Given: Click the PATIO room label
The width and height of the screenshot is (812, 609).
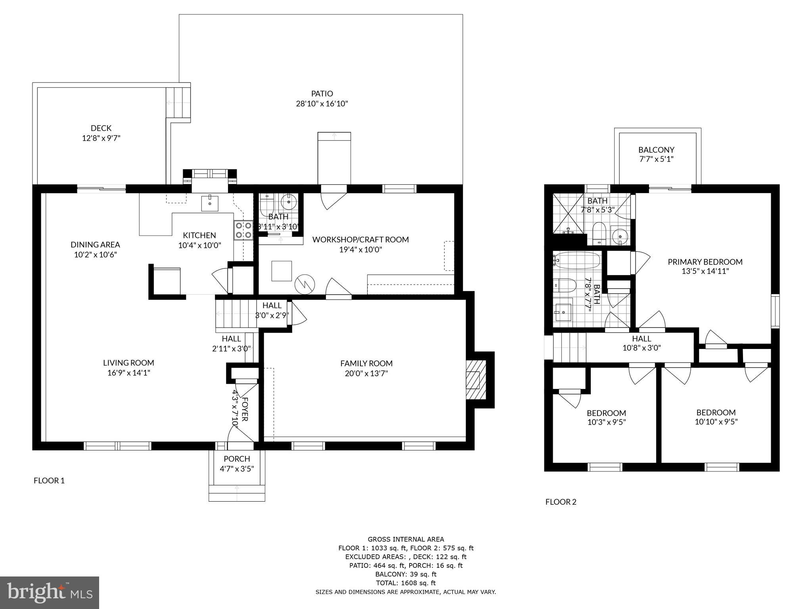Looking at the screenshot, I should pyautogui.click(x=322, y=94).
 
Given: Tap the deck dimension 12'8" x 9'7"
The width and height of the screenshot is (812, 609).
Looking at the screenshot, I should pyautogui.click(x=101, y=138).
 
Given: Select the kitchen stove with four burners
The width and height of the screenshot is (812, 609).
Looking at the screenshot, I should pyautogui.click(x=243, y=230).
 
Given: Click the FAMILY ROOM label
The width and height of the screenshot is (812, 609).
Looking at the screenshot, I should pyautogui.click(x=366, y=363).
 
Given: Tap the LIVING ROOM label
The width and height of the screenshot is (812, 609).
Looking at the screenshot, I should pyautogui.click(x=128, y=362).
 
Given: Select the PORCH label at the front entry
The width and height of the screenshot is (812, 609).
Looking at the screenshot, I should pyautogui.click(x=237, y=459).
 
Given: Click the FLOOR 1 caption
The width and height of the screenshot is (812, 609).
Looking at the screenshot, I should pyautogui.click(x=49, y=481).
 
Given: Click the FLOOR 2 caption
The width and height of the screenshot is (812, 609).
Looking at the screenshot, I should pyautogui.click(x=561, y=502).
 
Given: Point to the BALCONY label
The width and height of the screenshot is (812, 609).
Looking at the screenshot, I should pyautogui.click(x=656, y=150).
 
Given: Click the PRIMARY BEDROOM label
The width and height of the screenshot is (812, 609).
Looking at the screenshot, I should pyautogui.click(x=705, y=262).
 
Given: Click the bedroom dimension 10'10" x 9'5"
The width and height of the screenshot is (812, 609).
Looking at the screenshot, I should pyautogui.click(x=716, y=422).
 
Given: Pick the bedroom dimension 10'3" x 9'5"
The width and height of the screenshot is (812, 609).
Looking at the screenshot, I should pyautogui.click(x=606, y=423).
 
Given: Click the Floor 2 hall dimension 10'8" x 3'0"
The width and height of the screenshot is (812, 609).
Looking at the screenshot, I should pyautogui.click(x=641, y=348).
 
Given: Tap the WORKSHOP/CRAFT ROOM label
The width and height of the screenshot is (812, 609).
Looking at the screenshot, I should pyautogui.click(x=360, y=239).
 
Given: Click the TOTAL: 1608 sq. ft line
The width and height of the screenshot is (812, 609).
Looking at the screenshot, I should pyautogui.click(x=405, y=583).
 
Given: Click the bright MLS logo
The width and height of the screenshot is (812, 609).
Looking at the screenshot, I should pyautogui.click(x=50, y=592).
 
